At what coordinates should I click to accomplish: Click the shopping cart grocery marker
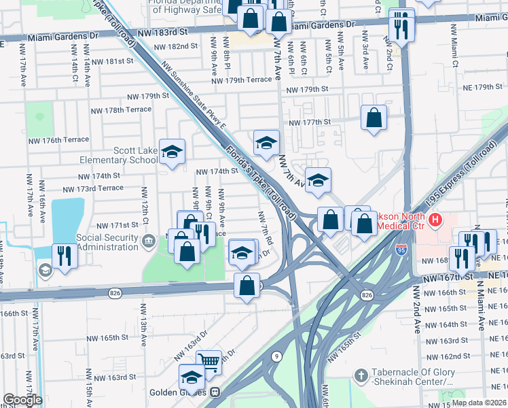click(x=209, y=362)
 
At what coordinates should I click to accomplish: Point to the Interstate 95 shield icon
click(x=402, y=246)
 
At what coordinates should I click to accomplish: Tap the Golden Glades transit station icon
click(x=215, y=392)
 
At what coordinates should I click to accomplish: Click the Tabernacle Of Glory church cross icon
click(x=361, y=375)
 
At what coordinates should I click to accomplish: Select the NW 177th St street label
click(x=309, y=122)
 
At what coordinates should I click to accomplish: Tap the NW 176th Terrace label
click(x=58, y=140)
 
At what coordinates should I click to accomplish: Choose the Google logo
click(x=22, y=400)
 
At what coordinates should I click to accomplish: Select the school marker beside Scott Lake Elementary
click(x=172, y=151)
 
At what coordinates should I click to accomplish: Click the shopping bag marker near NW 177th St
click(x=374, y=118)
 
